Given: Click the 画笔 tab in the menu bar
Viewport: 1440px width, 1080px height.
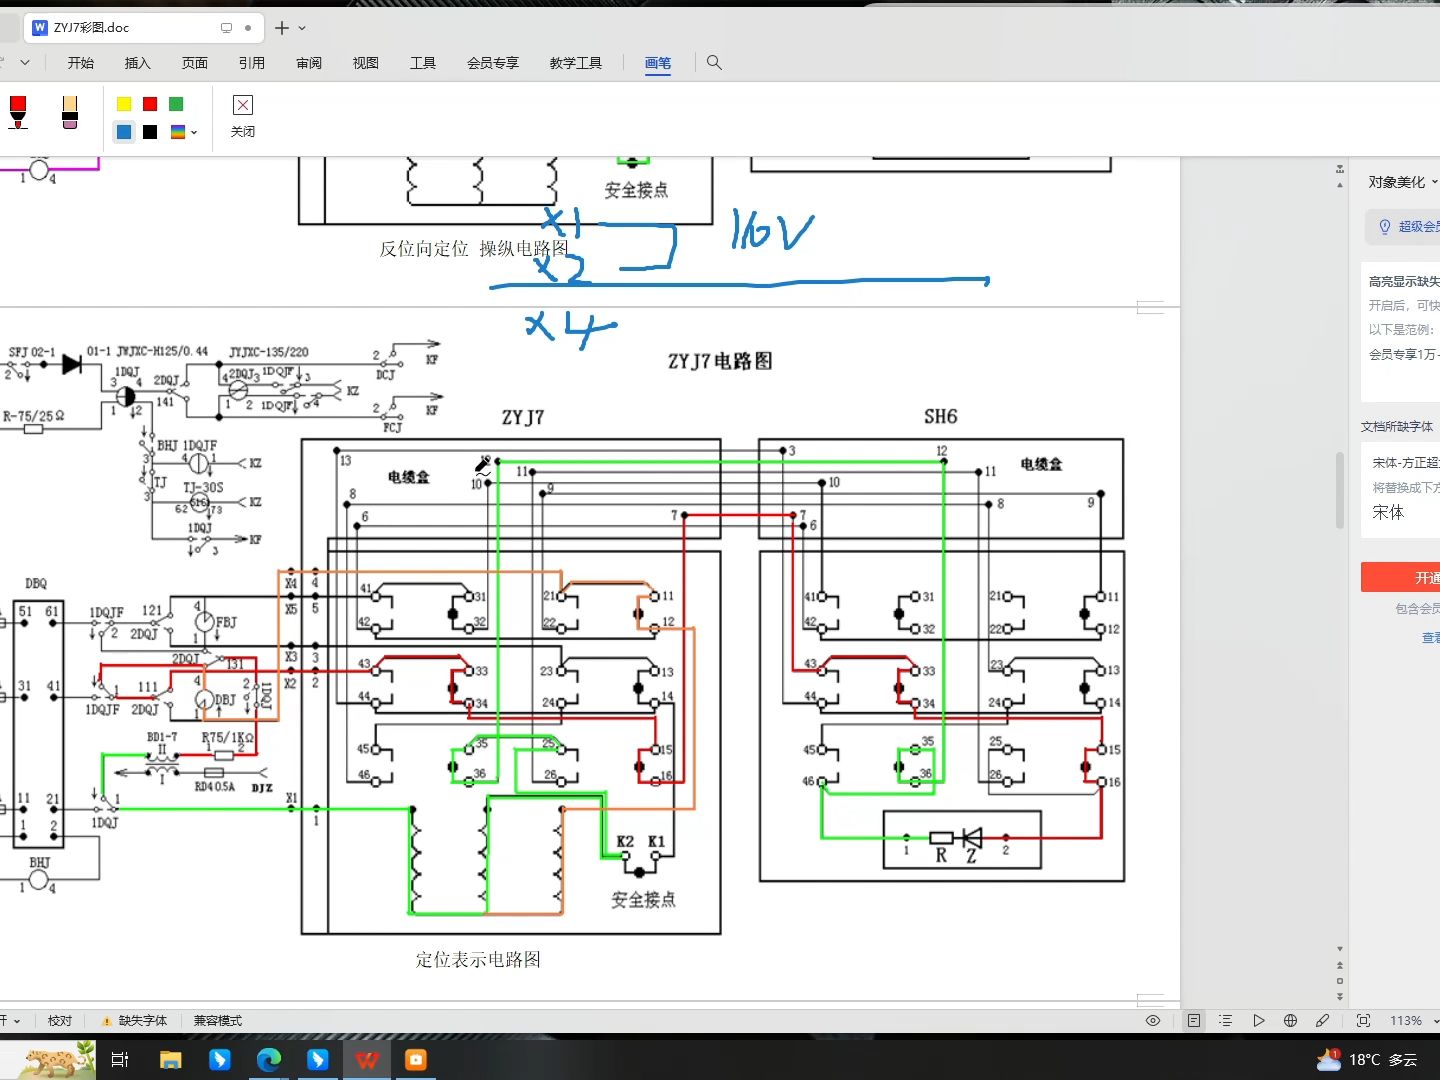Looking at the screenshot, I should tap(657, 63).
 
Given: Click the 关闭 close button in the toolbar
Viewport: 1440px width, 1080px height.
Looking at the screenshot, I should tap(242, 115).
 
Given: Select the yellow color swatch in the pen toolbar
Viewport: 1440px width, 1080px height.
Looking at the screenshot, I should tap(124, 104).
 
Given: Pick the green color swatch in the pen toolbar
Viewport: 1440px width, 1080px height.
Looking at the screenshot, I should tap(176, 104).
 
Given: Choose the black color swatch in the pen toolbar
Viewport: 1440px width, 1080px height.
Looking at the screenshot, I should tap(150, 132).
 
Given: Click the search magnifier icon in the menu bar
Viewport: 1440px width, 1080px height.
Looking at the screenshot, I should tap(714, 62).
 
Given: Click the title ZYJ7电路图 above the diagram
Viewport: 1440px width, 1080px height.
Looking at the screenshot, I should tap(720, 361).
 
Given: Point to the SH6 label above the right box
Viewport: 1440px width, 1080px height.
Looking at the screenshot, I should tap(940, 417).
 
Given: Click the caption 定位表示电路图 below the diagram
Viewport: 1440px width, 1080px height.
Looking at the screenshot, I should tap(478, 959).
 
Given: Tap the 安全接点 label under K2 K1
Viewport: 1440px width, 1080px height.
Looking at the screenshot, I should tap(643, 900).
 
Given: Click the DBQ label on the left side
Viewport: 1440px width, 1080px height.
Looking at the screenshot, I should tap(36, 583).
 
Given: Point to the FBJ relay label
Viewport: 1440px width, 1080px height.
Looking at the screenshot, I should tap(226, 622).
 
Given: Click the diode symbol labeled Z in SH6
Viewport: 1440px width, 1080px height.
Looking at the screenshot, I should tap(971, 838).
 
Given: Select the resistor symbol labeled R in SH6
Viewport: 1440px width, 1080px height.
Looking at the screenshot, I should tap(941, 838).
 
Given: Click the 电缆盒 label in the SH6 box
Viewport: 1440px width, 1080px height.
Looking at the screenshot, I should tap(1041, 464).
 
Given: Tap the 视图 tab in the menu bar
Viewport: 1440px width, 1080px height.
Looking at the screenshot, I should tap(365, 63).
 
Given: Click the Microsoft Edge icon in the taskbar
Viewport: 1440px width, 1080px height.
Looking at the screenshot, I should tap(268, 1059).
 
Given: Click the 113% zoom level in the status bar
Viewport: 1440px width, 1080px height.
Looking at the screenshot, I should tap(1405, 1020).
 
